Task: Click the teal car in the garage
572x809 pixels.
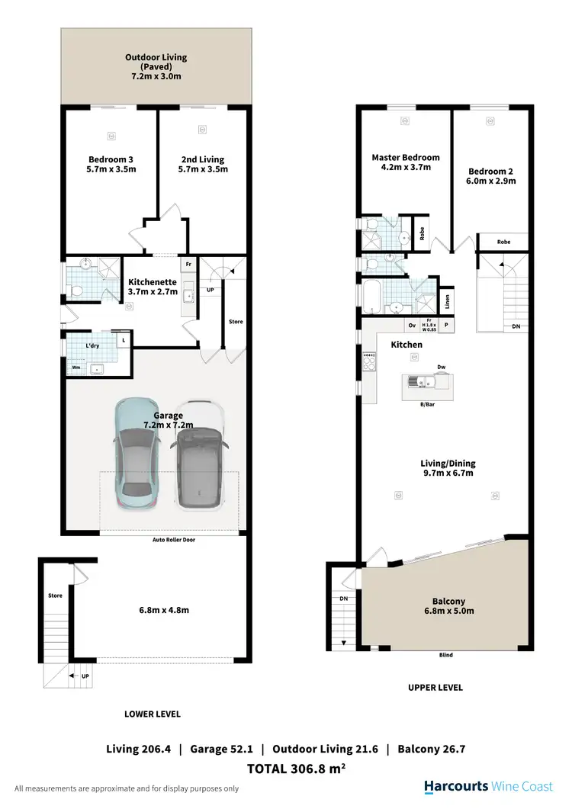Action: (x=137, y=457)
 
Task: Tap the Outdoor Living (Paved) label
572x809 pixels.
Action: (x=156, y=67)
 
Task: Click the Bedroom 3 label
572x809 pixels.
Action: (x=111, y=165)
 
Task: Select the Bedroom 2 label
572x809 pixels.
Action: (x=492, y=176)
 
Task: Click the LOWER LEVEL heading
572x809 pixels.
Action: (x=153, y=714)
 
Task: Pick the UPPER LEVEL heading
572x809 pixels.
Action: (x=435, y=688)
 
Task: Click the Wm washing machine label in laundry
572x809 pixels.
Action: (x=76, y=368)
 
